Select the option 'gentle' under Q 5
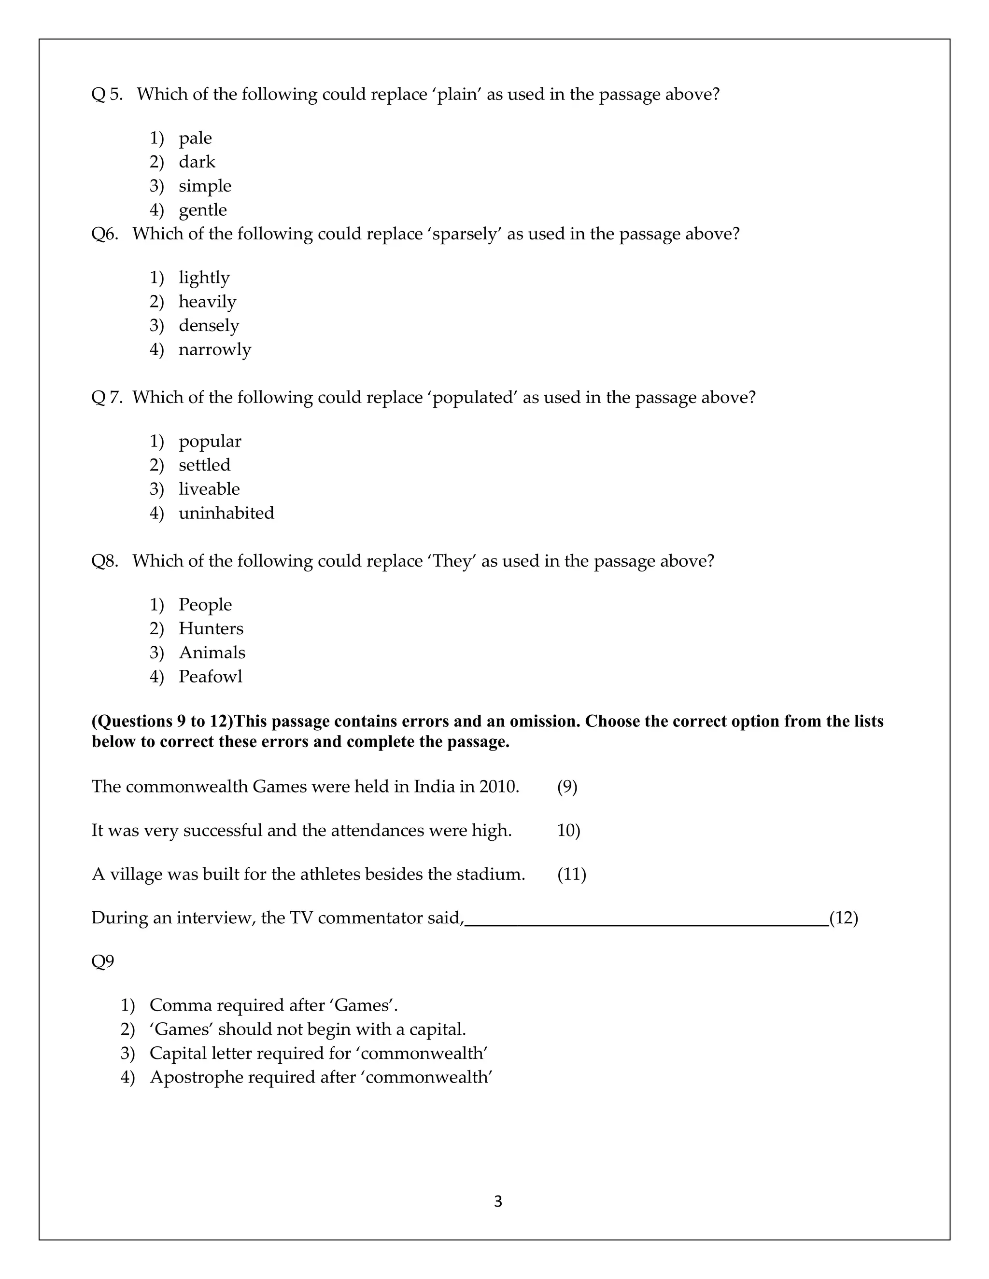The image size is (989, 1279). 202,209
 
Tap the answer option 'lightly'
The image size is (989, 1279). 204,278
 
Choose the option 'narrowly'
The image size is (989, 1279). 214,349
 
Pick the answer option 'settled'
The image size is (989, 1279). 204,465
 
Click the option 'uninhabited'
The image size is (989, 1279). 226,513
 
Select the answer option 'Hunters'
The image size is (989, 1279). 211,628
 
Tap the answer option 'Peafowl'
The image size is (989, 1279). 211,676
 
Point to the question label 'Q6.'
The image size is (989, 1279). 105,234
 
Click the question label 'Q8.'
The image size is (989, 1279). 105,561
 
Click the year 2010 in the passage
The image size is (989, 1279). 498,787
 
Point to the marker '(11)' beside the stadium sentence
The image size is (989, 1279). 571,875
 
